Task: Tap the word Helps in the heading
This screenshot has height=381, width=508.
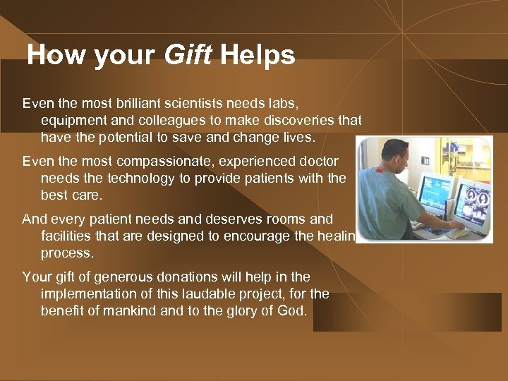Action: point(258,55)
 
